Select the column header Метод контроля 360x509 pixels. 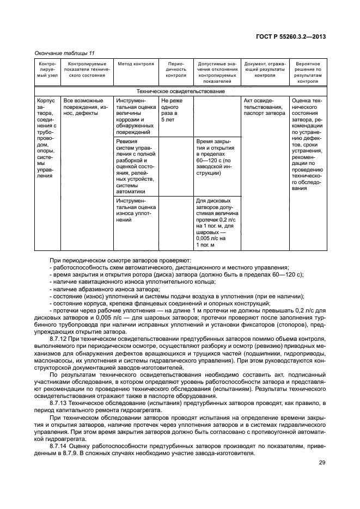(136, 64)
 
